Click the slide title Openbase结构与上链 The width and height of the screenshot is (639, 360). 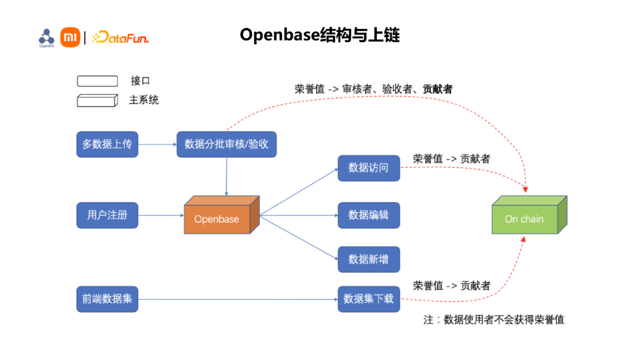click(319, 36)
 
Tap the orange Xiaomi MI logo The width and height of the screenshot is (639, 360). click(70, 38)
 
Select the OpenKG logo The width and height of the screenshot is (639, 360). click(46, 37)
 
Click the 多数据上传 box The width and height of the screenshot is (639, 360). click(107, 144)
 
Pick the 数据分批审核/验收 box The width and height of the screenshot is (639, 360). click(227, 144)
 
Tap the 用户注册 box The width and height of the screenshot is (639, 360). click(107, 215)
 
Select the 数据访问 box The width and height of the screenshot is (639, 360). click(369, 168)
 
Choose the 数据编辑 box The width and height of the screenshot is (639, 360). click(369, 215)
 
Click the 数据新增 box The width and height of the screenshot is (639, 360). click(369, 259)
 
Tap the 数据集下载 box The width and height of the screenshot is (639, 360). click(369, 299)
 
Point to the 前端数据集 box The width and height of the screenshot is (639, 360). click(107, 299)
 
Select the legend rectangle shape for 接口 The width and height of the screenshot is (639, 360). click(98, 81)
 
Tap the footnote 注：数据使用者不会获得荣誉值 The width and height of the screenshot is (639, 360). click(494, 320)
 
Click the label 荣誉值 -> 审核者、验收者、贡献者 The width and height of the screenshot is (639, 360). click(373, 89)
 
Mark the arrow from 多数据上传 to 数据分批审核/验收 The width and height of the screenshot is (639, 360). click(157, 144)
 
